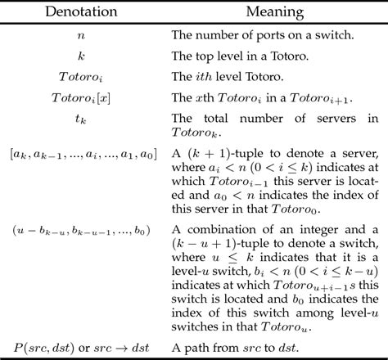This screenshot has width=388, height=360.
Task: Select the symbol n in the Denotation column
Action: [x=80, y=35]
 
